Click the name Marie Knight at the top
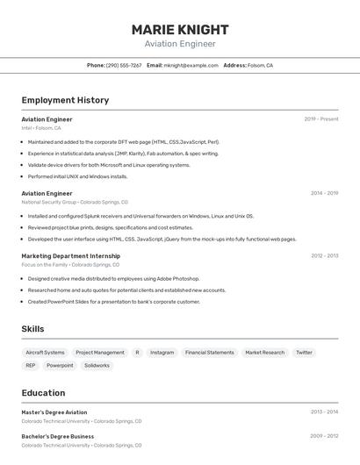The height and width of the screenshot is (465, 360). click(x=180, y=30)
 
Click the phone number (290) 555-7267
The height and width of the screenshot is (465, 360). click(x=124, y=65)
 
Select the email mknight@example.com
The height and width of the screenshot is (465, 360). click(x=191, y=65)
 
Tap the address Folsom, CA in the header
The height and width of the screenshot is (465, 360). click(x=260, y=65)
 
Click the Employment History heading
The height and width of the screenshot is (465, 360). click(x=65, y=100)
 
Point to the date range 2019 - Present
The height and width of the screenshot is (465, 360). click(x=321, y=119)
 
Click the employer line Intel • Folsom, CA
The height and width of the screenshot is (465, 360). click(x=41, y=128)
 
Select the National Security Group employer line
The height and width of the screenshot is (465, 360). click(x=75, y=202)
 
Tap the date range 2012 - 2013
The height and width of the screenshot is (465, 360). click(x=324, y=256)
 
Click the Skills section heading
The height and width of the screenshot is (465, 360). click(x=33, y=329)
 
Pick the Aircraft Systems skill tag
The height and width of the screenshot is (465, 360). click(x=45, y=353)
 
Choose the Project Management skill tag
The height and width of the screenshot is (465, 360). click(x=100, y=353)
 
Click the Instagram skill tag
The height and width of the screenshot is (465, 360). click(x=162, y=353)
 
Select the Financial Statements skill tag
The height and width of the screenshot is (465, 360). click(x=210, y=353)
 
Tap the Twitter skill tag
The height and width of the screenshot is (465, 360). click(x=304, y=353)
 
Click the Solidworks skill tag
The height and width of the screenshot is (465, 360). click(x=97, y=366)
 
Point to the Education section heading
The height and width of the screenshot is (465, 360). click(x=43, y=393)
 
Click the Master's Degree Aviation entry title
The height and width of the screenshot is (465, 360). click(x=54, y=412)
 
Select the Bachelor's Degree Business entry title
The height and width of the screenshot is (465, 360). click(x=58, y=436)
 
